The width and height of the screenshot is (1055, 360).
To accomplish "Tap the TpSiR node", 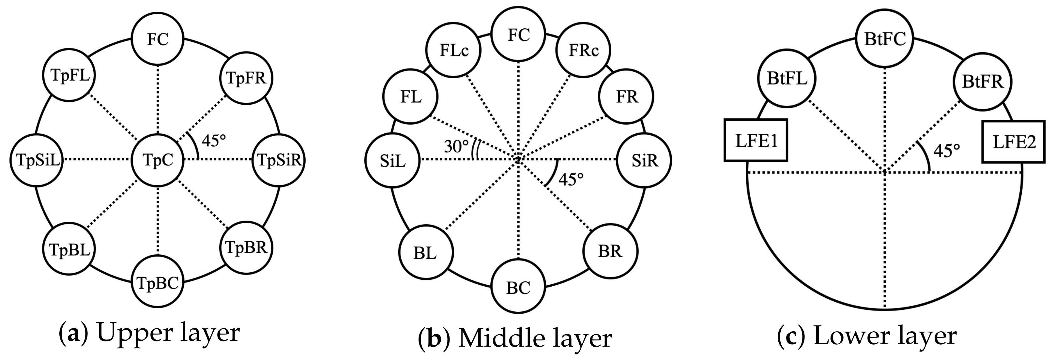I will (279, 160).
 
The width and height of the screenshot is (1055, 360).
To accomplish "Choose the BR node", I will (610, 251).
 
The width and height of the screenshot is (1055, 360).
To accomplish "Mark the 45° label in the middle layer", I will (571, 179).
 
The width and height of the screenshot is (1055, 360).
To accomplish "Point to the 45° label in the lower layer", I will (946, 151).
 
